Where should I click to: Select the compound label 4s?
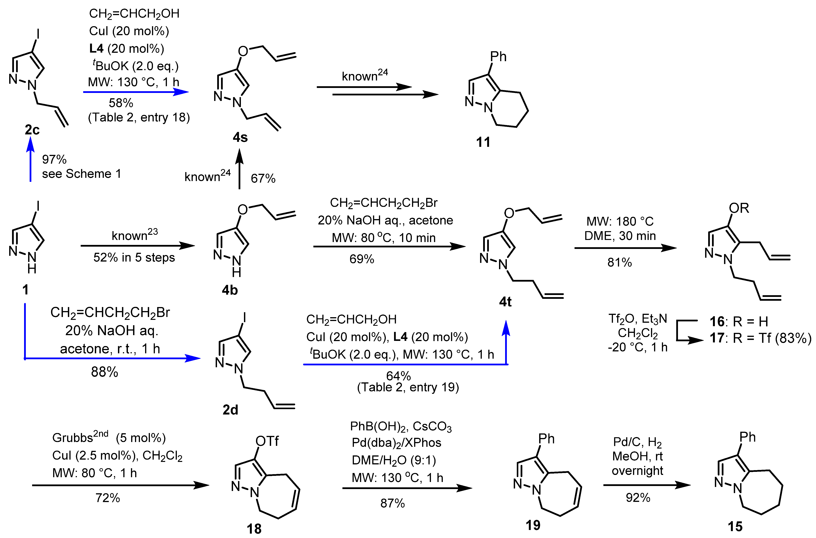[x=240, y=138]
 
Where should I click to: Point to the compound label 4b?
[x=230, y=290]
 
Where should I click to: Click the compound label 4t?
[x=505, y=302]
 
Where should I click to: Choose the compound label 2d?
[x=230, y=410]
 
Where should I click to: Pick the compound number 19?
[x=533, y=525]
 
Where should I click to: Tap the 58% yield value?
[x=121, y=103]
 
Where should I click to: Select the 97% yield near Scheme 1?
[x=54, y=159]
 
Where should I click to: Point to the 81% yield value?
[x=619, y=262]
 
